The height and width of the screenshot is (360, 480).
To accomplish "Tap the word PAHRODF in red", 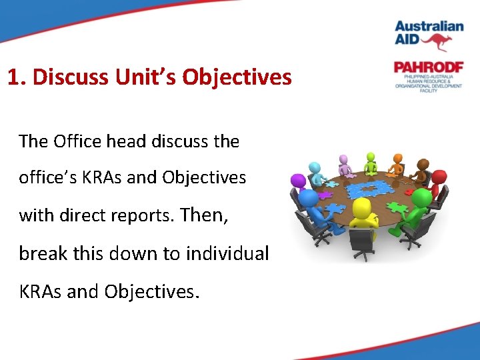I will tap(427, 67).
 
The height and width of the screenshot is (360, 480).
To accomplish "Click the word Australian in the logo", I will tap(429, 27).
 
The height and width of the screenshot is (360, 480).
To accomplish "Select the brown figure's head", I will tap(423, 164).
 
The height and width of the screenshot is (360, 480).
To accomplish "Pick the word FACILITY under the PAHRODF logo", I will tap(428, 91).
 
